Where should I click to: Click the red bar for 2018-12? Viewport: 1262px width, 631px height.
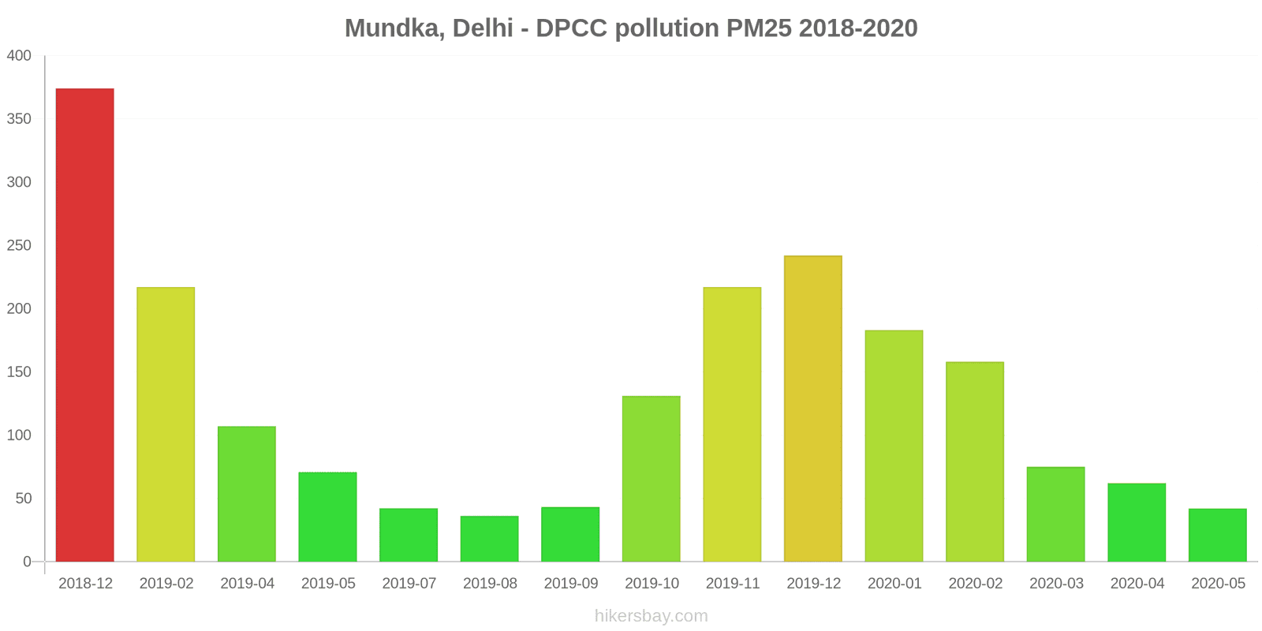84,325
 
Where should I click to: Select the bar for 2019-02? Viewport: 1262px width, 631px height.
166,424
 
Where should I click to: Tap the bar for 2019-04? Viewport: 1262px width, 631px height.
247,494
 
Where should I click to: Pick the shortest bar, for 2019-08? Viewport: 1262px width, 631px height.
489,539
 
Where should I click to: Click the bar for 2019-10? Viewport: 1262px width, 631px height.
651,479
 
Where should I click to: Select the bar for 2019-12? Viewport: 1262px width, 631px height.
812,409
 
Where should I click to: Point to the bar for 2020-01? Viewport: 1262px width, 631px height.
894,446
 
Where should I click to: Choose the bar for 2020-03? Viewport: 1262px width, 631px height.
1055,514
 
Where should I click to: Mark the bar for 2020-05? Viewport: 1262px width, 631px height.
1217,535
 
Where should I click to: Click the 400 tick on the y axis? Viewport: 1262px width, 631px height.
19,56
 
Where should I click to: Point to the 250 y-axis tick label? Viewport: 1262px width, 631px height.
19,245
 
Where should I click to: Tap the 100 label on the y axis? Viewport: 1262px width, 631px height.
19,435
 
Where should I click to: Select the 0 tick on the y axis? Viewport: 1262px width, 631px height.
27,562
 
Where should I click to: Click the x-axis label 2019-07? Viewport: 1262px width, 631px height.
409,584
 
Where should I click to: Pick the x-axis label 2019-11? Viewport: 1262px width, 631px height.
733,584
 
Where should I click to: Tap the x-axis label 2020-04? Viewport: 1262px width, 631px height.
1137,584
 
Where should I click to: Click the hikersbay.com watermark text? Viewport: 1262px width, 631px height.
651,616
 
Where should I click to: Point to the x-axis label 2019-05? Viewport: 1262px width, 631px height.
328,584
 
